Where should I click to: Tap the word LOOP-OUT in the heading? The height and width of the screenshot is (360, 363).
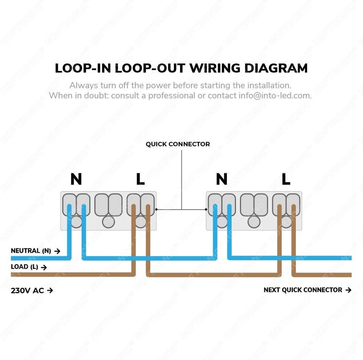point(150,68)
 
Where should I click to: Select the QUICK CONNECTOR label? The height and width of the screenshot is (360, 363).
point(178,144)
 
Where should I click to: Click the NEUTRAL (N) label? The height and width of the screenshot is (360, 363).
point(31,251)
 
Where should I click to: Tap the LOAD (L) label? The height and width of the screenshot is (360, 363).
point(25,267)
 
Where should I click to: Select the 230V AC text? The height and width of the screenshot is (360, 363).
point(28,290)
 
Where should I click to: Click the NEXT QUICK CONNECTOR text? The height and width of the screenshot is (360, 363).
point(303,290)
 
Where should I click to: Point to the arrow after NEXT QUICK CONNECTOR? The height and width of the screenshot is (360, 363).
point(348,290)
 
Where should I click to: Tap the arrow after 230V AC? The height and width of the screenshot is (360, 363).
point(50,290)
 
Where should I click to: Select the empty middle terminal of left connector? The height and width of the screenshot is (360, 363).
point(108,205)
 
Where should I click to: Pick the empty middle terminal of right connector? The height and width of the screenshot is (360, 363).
point(254,205)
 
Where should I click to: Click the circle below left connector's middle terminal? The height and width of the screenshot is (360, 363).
point(108,222)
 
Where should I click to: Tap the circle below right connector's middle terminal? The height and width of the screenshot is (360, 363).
point(254,222)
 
